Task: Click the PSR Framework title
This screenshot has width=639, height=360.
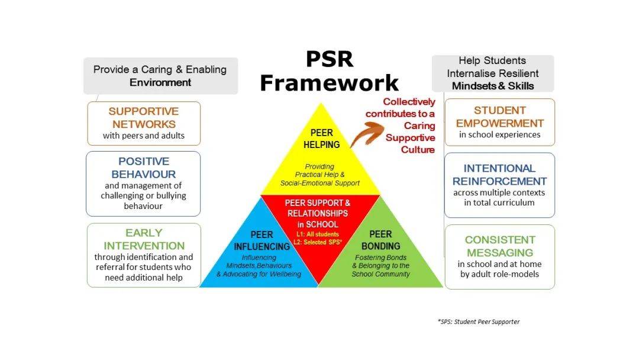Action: pos(329,71)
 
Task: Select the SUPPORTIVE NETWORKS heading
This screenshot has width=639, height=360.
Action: pos(144,117)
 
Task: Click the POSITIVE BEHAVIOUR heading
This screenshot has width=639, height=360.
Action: pos(143,168)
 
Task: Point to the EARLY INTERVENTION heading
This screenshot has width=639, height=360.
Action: pos(144,239)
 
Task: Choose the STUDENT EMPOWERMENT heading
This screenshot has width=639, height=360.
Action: pos(499,117)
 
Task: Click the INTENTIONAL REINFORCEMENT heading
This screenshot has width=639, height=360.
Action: pos(499,175)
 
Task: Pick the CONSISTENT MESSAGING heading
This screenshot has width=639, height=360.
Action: pos(499,246)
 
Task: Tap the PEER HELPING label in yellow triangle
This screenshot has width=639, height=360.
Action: pos(321,138)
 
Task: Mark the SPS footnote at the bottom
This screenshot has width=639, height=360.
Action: pos(478,322)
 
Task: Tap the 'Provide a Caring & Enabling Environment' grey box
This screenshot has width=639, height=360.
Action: pos(160,76)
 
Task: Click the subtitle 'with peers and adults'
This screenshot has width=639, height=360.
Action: pos(144,136)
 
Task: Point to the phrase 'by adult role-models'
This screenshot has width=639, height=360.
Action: pos(499,274)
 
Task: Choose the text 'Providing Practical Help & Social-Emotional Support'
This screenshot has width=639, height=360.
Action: pos(320,175)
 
